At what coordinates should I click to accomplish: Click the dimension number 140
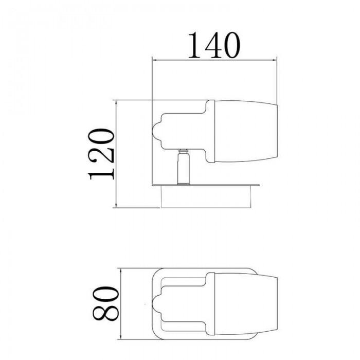click(x=214, y=45)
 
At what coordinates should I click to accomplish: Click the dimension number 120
click(x=101, y=154)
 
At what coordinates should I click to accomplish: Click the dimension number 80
click(x=106, y=303)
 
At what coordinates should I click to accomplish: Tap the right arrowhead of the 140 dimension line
click(x=274, y=60)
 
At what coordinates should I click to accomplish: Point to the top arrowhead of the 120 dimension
click(x=116, y=103)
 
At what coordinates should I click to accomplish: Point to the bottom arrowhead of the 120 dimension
click(x=116, y=205)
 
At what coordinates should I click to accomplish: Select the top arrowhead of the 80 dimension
click(x=121, y=271)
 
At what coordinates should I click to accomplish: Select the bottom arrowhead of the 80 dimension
click(x=121, y=336)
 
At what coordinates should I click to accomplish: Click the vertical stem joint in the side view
click(x=184, y=167)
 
